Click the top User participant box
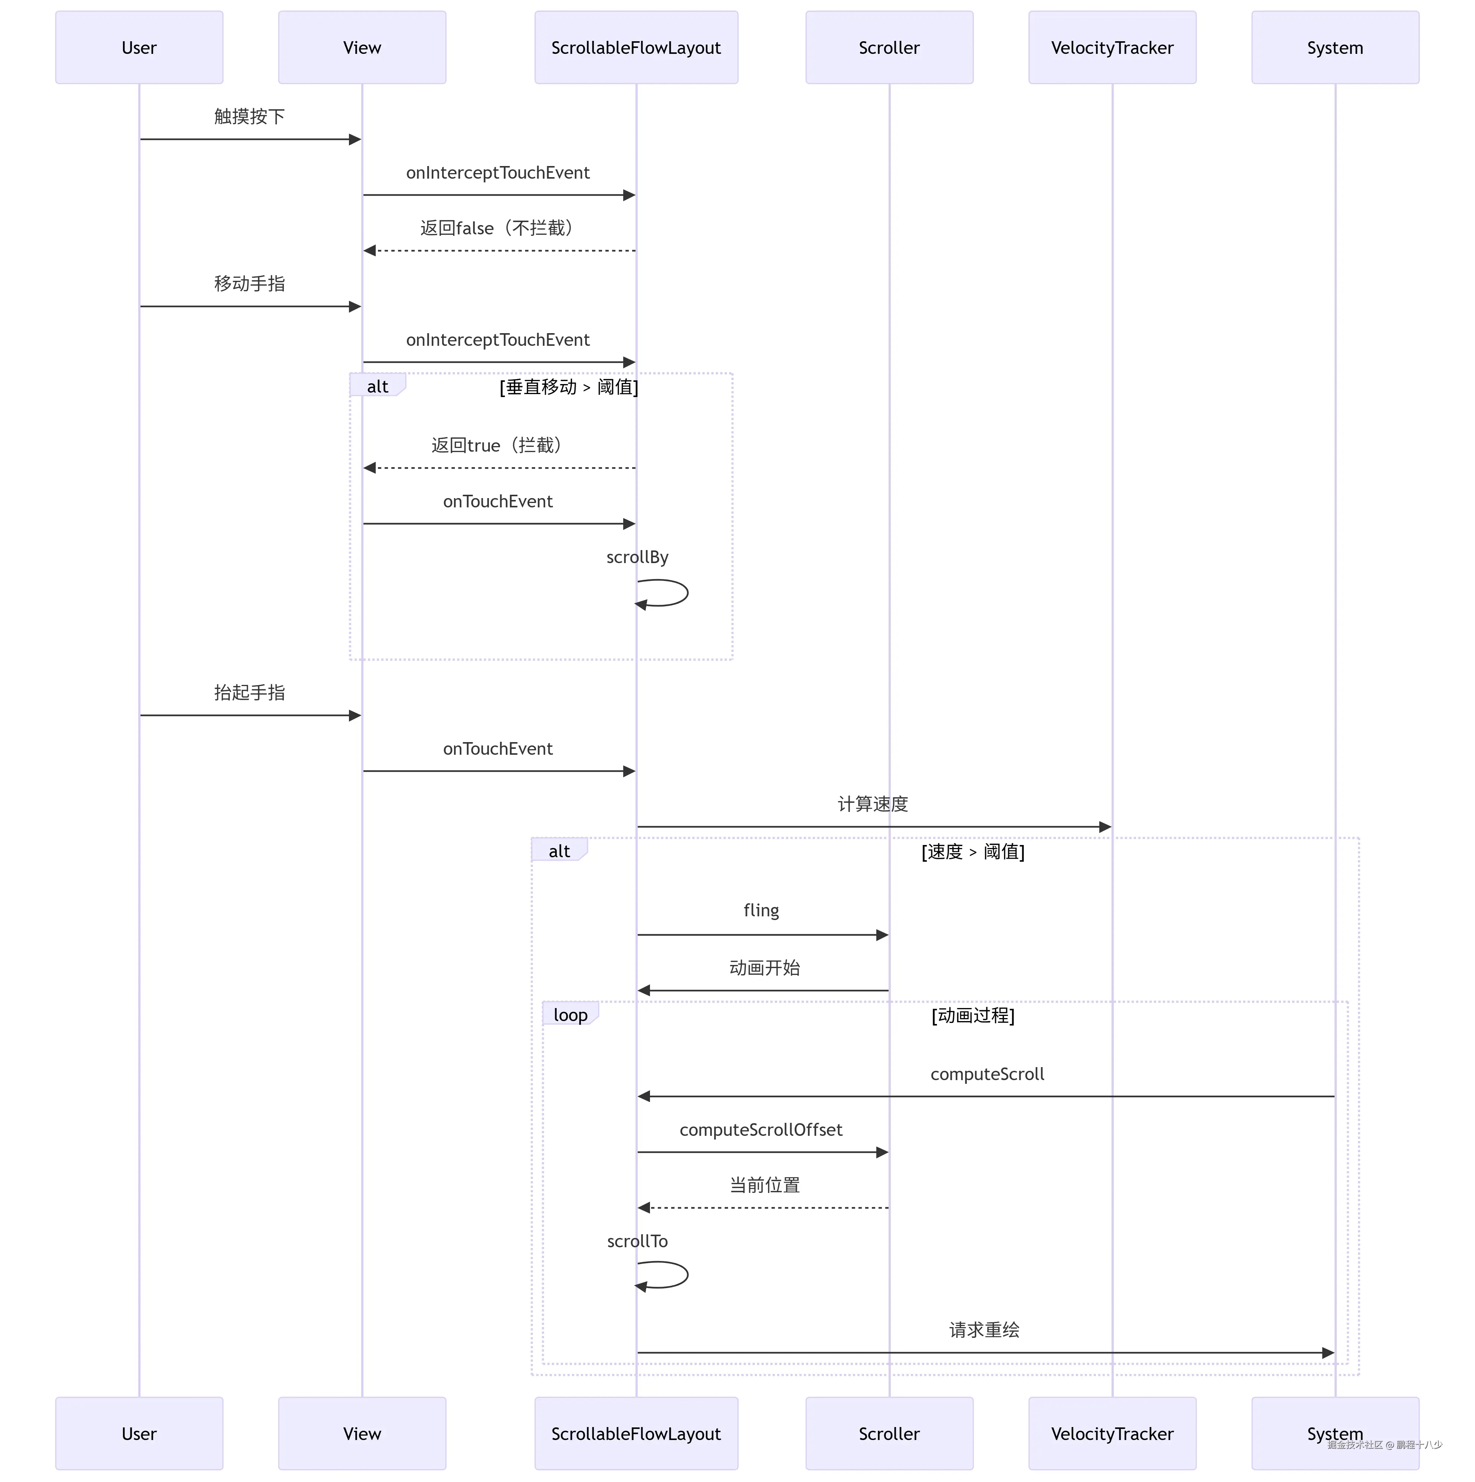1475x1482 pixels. [x=139, y=48]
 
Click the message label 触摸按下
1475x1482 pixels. [x=249, y=117]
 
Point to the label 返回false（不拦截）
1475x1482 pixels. [x=498, y=228]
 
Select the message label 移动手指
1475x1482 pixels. [x=249, y=284]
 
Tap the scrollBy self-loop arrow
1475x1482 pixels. [x=675, y=593]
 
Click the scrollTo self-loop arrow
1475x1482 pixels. [x=675, y=1275]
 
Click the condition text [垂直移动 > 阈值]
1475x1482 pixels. [x=569, y=387]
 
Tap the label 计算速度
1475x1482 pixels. [x=873, y=804]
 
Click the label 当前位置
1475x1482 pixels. [x=764, y=1185]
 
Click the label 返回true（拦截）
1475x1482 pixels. [x=498, y=445]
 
